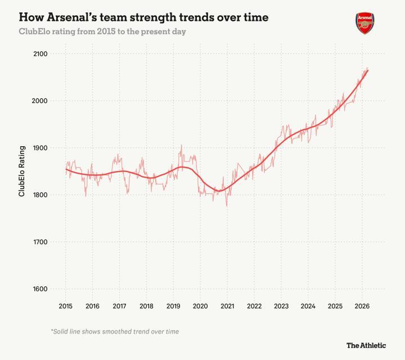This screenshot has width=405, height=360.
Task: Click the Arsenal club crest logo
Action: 364,23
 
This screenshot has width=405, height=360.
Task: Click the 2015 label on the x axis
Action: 65,307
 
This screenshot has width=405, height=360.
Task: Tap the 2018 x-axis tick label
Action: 146,307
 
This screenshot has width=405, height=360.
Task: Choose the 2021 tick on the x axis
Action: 227,307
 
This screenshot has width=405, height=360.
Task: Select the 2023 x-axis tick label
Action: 281,307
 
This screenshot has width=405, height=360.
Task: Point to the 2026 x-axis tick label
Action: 362,307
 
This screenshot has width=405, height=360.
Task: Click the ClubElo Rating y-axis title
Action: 22,171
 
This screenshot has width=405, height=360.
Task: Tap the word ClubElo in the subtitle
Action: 35,31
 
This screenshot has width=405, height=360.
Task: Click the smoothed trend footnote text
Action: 115,331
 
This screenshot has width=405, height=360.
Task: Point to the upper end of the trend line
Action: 368,70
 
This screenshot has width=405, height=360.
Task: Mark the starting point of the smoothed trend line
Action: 66,169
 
